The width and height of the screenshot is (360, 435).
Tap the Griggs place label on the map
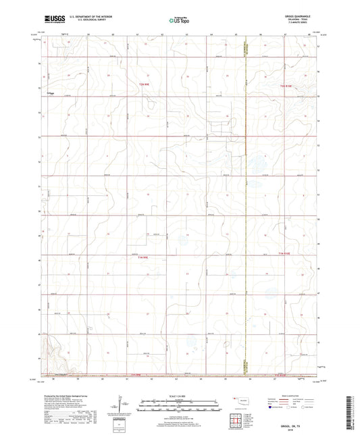pos(51,93)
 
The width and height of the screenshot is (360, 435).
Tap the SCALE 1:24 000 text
pos(180,396)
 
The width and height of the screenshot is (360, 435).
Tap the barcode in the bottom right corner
pos(349,411)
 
